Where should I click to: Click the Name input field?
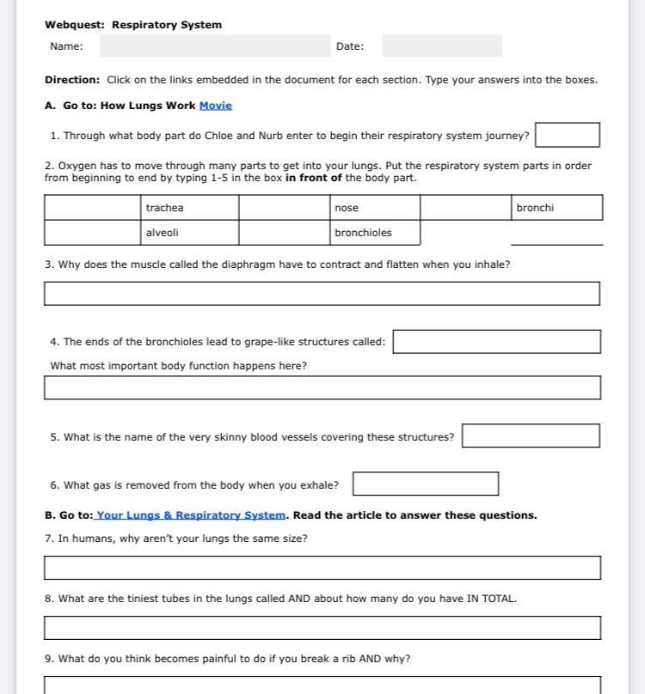click(x=215, y=46)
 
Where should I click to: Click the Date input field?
click(x=442, y=46)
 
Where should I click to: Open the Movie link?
click(x=216, y=106)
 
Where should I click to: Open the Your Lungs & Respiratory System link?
click(x=190, y=515)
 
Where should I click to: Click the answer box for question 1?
click(x=568, y=136)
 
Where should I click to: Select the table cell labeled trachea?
click(x=189, y=208)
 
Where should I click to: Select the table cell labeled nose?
click(x=375, y=208)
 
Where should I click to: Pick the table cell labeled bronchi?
click(x=556, y=208)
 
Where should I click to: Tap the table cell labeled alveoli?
click(x=189, y=233)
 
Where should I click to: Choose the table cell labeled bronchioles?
click(x=375, y=233)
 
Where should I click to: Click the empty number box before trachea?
click(x=93, y=208)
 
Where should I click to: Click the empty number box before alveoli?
click(x=93, y=233)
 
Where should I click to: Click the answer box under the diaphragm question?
click(x=322, y=294)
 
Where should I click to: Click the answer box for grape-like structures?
click(x=496, y=342)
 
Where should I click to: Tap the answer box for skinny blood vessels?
click(x=531, y=436)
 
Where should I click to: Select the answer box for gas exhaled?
click(x=426, y=484)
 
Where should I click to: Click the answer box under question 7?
click(x=322, y=568)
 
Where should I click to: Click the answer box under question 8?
click(x=322, y=628)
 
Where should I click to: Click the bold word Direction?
click(x=72, y=80)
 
